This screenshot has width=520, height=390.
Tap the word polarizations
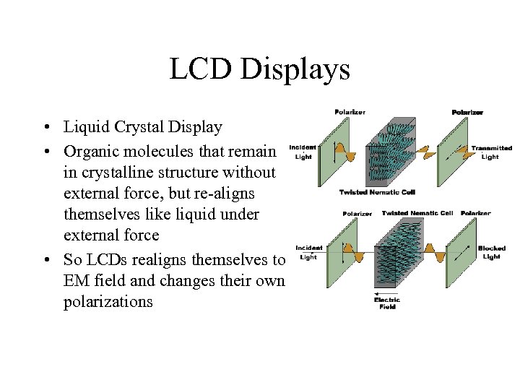tap(108, 301)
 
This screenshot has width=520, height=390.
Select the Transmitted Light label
tap(491, 152)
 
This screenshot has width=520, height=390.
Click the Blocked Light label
tap(491, 252)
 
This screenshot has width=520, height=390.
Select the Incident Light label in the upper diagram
tap(303, 152)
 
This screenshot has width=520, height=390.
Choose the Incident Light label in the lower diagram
tap(308, 252)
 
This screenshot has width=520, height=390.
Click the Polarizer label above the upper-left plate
tap(350, 112)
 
